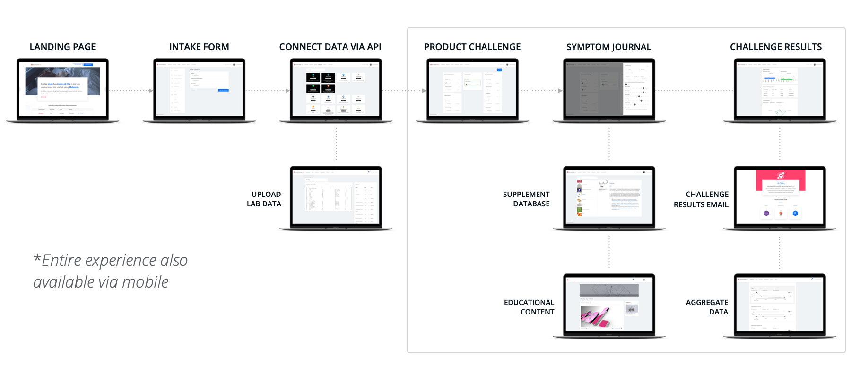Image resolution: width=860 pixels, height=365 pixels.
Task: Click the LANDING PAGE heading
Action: tap(62, 47)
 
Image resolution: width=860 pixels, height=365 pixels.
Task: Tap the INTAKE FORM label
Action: tap(199, 47)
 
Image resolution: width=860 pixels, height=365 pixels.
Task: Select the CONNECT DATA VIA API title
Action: tap(330, 47)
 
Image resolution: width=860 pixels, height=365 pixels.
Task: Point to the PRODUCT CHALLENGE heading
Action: tap(472, 47)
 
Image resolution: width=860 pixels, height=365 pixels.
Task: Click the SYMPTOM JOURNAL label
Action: tap(608, 47)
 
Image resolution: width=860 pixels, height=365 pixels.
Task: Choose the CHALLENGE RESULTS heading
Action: tap(775, 47)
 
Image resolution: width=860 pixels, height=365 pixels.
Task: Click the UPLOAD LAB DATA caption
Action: tap(264, 199)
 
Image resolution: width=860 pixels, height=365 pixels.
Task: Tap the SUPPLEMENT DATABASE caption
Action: tap(526, 199)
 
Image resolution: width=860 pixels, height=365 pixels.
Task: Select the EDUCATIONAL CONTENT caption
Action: tap(529, 307)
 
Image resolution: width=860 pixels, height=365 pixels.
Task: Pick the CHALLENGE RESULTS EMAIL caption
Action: tap(701, 199)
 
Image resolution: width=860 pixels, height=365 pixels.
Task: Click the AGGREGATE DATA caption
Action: tap(707, 307)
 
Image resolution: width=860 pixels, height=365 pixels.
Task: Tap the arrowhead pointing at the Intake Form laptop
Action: tap(151, 90)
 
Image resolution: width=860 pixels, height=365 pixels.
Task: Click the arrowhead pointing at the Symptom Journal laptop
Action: tap(560, 90)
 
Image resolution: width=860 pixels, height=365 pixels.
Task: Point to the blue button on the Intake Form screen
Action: tap(223, 90)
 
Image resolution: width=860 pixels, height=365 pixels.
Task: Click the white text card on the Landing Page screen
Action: tap(62, 89)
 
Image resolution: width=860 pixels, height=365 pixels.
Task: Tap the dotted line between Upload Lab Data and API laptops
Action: tap(336, 144)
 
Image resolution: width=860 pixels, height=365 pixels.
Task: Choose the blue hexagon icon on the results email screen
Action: tap(795, 213)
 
